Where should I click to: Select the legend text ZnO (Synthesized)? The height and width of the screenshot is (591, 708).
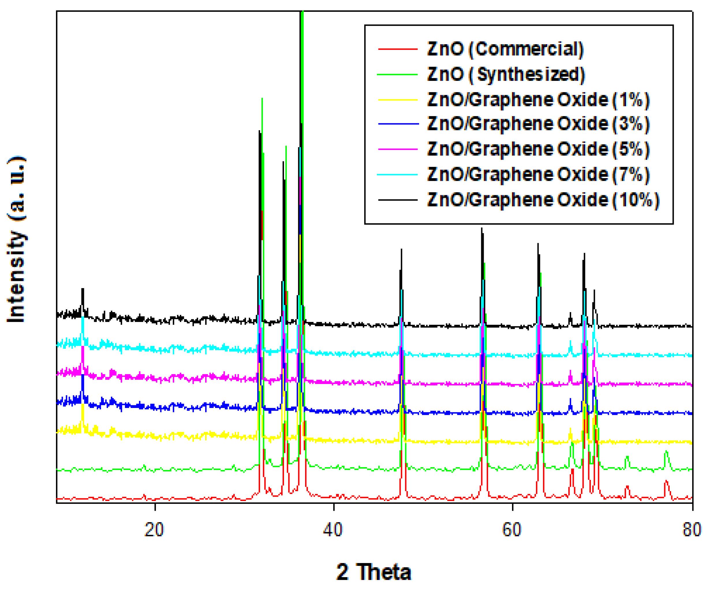tap(506, 74)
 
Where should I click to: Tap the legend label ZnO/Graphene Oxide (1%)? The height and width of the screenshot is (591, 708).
tap(538, 100)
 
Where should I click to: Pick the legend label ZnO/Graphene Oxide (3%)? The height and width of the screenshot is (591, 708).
tap(538, 124)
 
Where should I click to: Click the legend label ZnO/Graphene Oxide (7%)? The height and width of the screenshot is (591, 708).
tap(538, 174)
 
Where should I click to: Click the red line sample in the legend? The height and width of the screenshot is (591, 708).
tap(398, 49)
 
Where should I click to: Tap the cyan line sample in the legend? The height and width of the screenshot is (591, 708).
tap(398, 174)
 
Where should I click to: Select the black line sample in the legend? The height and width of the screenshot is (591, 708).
tap(398, 200)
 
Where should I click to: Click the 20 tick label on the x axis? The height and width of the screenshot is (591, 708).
tap(154, 529)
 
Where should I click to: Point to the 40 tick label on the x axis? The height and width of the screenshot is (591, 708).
tap(333, 529)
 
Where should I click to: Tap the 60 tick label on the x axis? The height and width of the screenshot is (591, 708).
tap(512, 529)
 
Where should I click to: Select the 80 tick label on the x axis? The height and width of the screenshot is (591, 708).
tap(692, 529)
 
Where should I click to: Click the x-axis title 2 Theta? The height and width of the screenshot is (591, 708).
tap(373, 572)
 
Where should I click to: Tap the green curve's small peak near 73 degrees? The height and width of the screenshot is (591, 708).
tap(627, 457)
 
